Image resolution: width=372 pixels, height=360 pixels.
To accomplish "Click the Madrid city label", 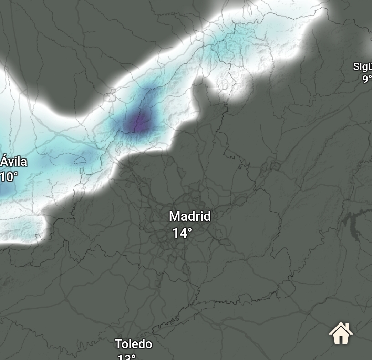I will (190, 216).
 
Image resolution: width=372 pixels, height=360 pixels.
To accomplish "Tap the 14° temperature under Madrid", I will (182, 233).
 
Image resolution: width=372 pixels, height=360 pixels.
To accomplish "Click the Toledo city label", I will (133, 344).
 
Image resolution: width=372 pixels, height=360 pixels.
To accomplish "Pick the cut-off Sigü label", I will (362, 66).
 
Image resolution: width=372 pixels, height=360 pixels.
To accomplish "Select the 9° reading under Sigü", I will (367, 79).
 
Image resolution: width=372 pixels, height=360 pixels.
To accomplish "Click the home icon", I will (341, 333).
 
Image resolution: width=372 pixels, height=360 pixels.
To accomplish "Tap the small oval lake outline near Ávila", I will (80, 160).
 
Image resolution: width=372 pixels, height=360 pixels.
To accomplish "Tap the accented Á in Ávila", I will (4, 161).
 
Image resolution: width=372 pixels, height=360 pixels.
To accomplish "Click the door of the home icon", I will (341, 338).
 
